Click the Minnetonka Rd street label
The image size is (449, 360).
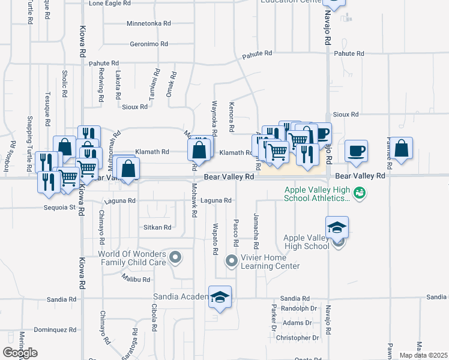(149, 23)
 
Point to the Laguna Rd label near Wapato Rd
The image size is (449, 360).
(216, 200)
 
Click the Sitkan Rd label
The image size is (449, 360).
(157, 227)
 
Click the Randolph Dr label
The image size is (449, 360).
(298, 308)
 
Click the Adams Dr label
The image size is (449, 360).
(297, 323)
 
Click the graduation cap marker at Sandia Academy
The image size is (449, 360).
(220, 296)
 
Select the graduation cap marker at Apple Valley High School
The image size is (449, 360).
(337, 228)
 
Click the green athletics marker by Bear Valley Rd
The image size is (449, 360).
(360, 193)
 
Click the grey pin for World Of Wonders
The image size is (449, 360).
(175, 257)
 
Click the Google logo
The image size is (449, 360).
(20, 353)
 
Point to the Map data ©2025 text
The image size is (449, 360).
(424, 355)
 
